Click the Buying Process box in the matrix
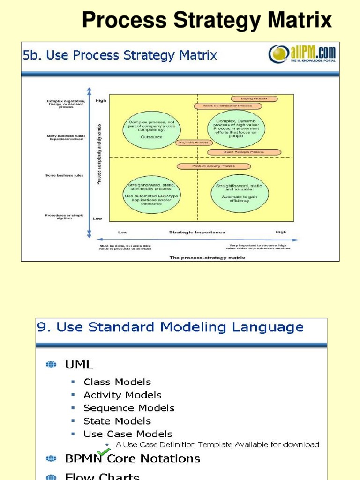(254, 99)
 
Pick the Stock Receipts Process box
(244, 152)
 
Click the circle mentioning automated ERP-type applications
(151, 194)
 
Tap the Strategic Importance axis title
(197, 232)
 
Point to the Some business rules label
(65, 175)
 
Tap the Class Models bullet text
(117, 382)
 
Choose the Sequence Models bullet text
(129, 408)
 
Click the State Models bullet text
(117, 421)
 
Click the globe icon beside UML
(51, 364)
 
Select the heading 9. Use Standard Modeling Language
(170, 327)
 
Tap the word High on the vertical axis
(101, 100)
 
